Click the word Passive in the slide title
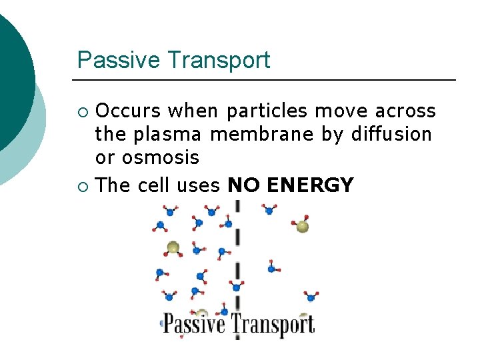[118, 60]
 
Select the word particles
[267, 110]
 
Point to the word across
[403, 110]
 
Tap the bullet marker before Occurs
[83, 111]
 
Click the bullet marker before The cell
[83, 185]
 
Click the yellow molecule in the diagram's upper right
[303, 227]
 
